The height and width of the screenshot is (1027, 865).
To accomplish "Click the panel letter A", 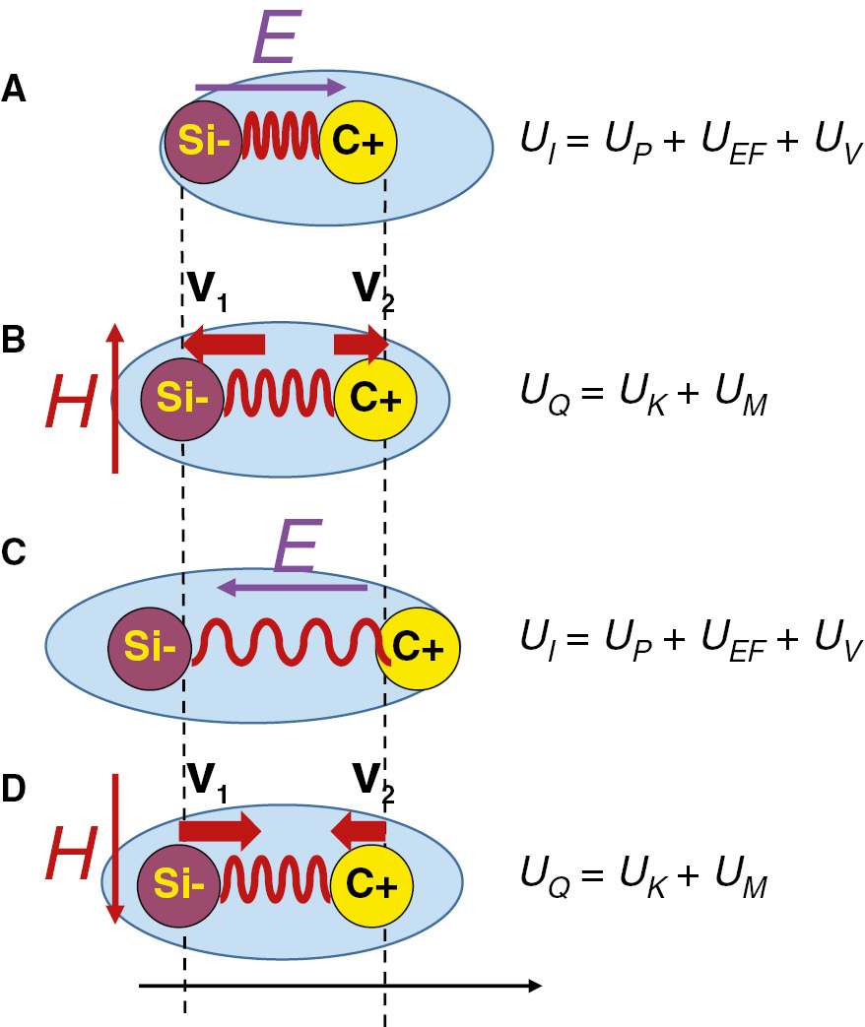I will [14, 90].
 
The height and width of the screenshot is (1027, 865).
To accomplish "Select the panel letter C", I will [15, 553].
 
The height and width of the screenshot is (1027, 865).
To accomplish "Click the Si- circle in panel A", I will [202, 144].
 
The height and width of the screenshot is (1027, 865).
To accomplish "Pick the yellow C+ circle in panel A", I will [359, 143].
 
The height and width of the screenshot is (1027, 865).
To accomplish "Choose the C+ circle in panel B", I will [375, 399].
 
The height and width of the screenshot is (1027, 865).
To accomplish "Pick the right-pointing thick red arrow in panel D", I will [219, 830].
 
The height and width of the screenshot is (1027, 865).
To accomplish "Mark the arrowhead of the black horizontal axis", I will [533, 985].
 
